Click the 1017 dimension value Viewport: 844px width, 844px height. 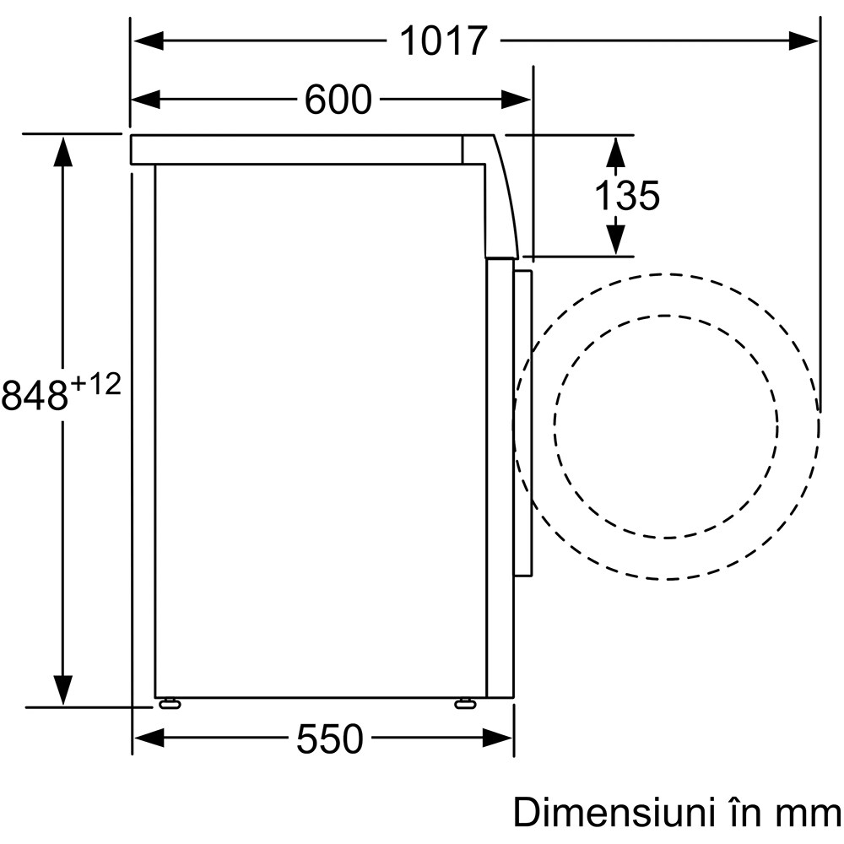pos(443,40)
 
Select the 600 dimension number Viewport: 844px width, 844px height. pos(338,100)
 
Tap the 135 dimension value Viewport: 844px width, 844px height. pos(627,196)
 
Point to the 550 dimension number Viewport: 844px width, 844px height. pos(329,739)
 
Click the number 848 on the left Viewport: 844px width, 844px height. pos(35,394)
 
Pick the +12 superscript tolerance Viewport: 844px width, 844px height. pos(96,385)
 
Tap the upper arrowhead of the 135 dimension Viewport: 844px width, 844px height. pos(615,151)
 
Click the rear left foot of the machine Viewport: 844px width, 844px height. pos(169,702)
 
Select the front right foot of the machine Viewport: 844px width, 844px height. pos(465,702)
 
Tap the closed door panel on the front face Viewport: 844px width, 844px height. pos(523,422)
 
